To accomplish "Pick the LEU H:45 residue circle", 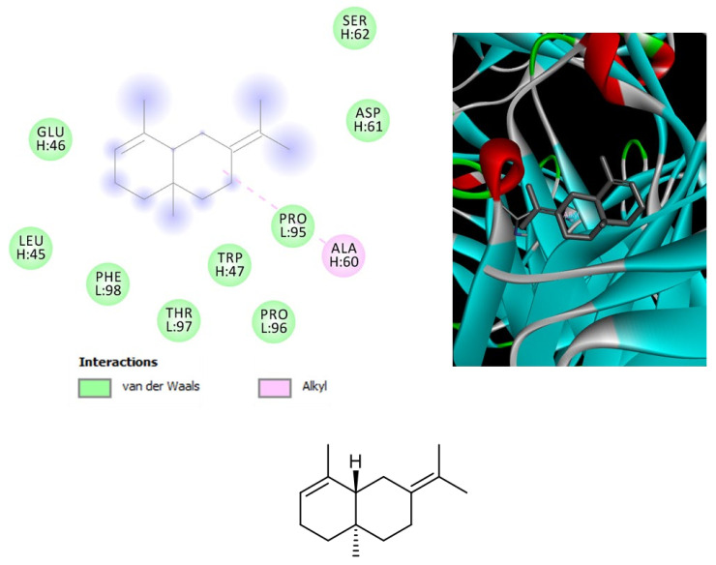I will click(30, 249).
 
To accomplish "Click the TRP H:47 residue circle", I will click(229, 264).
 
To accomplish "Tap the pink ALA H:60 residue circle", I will click(343, 254).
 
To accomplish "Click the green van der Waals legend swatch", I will click(95, 388).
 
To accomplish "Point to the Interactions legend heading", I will click(117, 362).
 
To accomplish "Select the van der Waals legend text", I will click(157, 388).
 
